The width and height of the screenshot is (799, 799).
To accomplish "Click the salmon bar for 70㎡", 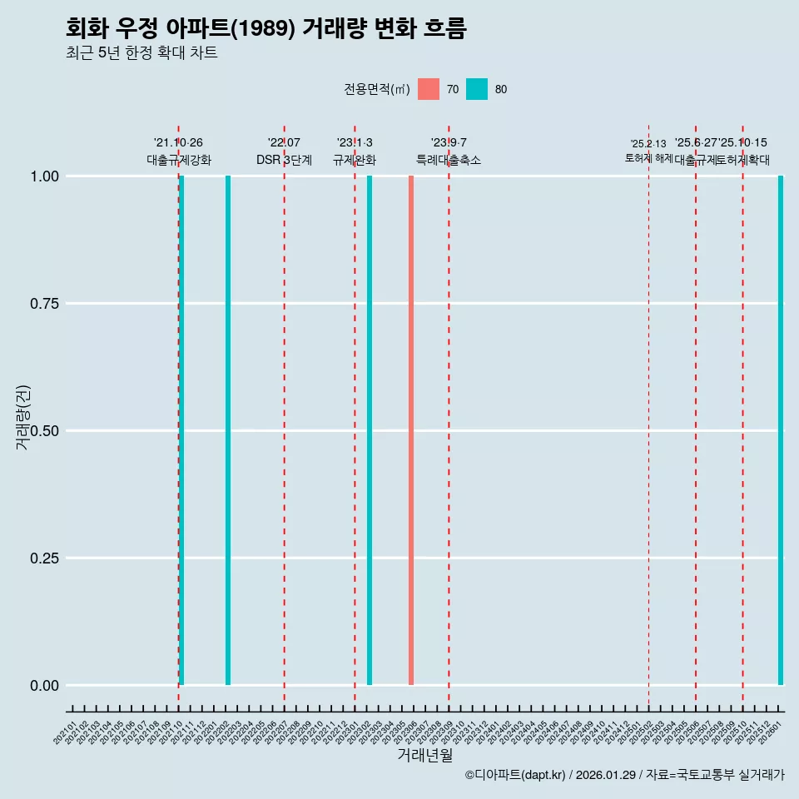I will click(x=411, y=430).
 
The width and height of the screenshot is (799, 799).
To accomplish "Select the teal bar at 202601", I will click(x=781, y=430).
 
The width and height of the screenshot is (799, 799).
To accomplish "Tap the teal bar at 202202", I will click(x=228, y=430).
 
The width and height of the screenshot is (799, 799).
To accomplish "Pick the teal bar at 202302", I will click(x=370, y=430).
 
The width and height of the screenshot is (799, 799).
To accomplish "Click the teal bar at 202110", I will click(x=181, y=430).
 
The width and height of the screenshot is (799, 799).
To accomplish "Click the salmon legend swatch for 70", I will click(x=429, y=89).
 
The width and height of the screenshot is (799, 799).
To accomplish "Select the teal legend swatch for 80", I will click(x=477, y=89).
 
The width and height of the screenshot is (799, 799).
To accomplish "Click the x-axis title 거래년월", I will click(x=424, y=755).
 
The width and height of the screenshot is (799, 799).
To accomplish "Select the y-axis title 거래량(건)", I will click(x=23, y=417).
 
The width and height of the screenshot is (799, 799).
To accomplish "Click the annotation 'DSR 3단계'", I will click(x=284, y=160).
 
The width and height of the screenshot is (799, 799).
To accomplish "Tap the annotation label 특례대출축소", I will click(x=449, y=160).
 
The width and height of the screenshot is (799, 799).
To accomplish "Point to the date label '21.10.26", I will click(x=178, y=143).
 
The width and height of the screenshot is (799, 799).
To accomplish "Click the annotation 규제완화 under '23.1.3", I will click(x=355, y=160).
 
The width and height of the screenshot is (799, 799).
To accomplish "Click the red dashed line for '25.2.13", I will click(x=648, y=416).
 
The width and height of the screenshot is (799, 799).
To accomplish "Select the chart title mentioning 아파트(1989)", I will click(x=266, y=29).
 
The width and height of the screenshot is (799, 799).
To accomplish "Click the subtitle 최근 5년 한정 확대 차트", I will click(x=141, y=53).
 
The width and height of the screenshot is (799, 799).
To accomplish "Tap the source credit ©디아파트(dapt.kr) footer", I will click(x=624, y=775).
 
